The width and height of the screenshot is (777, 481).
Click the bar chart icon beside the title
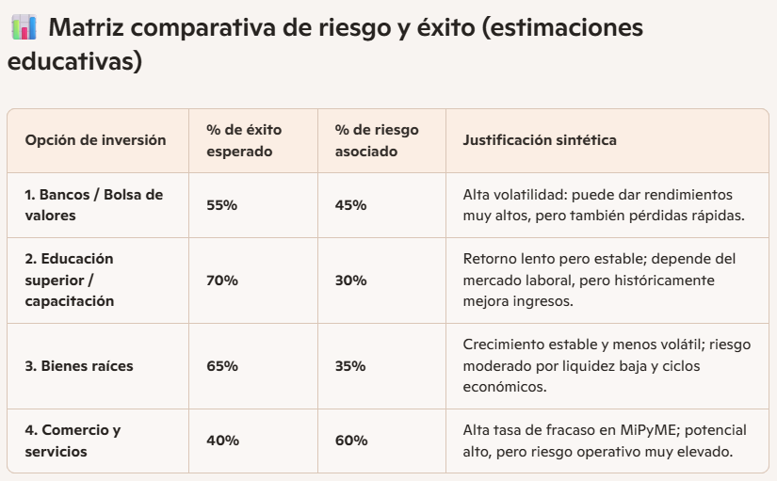click(x=23, y=27)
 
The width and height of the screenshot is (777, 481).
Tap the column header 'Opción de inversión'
click(x=95, y=140)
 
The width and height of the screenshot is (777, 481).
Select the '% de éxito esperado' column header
click(x=244, y=140)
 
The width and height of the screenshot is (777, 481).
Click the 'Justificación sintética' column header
click(x=540, y=140)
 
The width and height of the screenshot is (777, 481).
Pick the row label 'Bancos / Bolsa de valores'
click(x=93, y=205)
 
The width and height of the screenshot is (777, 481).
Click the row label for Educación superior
click(x=70, y=280)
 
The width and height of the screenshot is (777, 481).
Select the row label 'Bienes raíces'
click(x=79, y=365)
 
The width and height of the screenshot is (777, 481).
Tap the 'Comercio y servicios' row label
click(x=73, y=441)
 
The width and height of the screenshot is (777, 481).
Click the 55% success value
click(x=222, y=205)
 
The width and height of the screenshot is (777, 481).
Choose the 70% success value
click(x=222, y=281)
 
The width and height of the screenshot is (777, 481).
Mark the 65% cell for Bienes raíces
click(x=222, y=365)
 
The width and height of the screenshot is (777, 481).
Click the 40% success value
click(x=222, y=441)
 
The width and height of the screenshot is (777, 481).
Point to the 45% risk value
click(x=350, y=205)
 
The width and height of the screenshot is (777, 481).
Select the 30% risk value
click(x=350, y=281)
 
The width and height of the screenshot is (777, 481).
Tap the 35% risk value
click(x=350, y=365)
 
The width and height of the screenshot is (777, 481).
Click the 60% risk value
click(x=350, y=441)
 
